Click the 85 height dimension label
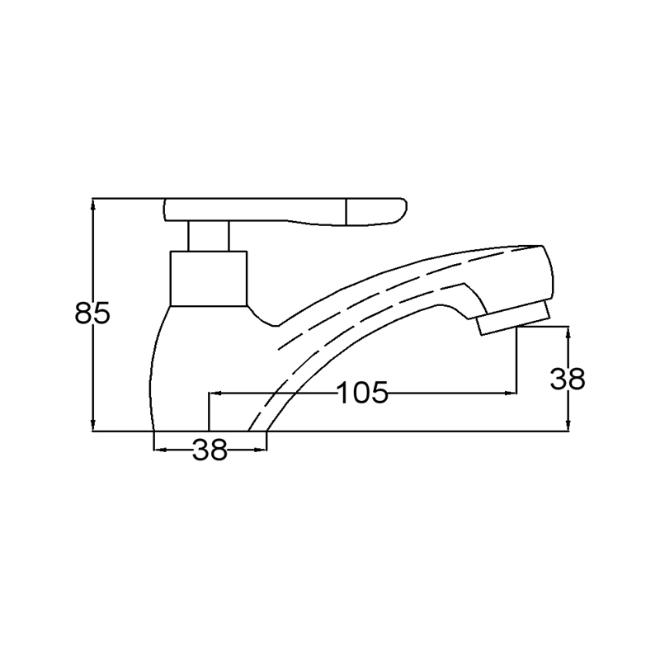coord(92,313)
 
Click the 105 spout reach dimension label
coord(362,393)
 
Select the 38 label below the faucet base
coord(210,450)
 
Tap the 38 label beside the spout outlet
coord(568,379)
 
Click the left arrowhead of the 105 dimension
coord(215,394)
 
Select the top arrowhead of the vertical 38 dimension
coord(568,333)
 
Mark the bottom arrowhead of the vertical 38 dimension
coord(568,425)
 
